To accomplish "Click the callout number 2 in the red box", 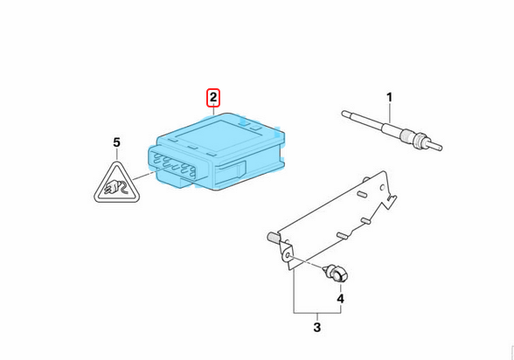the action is [213, 98].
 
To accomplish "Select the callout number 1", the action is [389, 97].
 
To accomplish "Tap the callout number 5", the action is [117, 142].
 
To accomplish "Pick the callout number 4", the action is [341, 299].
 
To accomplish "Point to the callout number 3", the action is [317, 327].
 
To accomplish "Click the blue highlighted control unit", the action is [217, 151].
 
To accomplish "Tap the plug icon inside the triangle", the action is [115, 188].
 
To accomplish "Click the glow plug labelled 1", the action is [392, 130].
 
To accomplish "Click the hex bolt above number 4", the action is [336, 273].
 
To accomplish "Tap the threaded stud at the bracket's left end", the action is [273, 237].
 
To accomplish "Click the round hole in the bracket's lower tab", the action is [288, 255].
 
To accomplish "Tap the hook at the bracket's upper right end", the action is [391, 201].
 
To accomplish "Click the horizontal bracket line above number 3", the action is [317, 313].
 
